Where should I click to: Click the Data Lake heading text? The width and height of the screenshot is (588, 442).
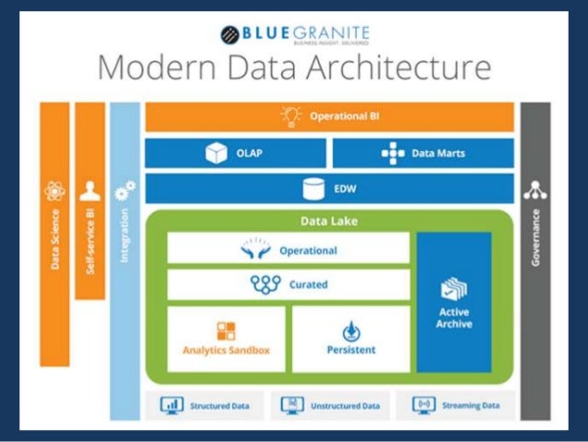pyautogui.click(x=329, y=221)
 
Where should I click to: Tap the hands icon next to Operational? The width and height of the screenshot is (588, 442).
pyautogui.click(x=257, y=249)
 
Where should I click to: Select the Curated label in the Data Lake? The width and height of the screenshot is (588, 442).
pyautogui.click(x=309, y=284)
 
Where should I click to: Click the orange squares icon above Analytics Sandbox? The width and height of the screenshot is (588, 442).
pyautogui.click(x=227, y=330)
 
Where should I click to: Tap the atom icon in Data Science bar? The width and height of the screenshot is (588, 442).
pyautogui.click(x=54, y=192)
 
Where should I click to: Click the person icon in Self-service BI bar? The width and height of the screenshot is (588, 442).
pyautogui.click(x=89, y=191)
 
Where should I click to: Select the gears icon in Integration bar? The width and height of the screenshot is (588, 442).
pyautogui.click(x=124, y=191)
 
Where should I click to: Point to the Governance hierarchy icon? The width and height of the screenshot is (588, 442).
pyautogui.click(x=535, y=190)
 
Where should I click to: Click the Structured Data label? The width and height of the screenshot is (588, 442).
pyautogui.click(x=220, y=405)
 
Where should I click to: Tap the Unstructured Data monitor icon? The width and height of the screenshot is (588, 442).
pyautogui.click(x=292, y=405)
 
